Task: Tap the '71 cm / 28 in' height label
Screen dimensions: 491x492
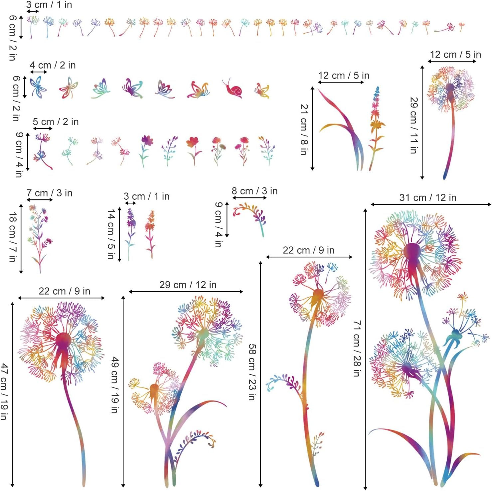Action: [x=357, y=348]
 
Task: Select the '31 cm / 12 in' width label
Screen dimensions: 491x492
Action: [x=428, y=198]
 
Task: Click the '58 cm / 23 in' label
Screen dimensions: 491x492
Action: [x=252, y=372]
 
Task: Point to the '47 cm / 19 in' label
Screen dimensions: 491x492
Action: [x=4, y=391]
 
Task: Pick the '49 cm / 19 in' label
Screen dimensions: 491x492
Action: [x=115, y=385]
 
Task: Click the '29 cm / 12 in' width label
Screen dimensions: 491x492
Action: [x=188, y=285]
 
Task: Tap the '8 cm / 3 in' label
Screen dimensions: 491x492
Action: [x=254, y=191]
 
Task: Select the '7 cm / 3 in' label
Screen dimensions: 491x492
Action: [x=49, y=193]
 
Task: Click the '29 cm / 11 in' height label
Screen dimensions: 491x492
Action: [x=413, y=125]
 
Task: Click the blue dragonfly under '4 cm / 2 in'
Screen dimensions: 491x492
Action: [x=38, y=88]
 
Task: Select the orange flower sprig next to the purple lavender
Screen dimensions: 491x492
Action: [x=150, y=233]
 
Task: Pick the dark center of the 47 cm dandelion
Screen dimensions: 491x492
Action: [x=63, y=340]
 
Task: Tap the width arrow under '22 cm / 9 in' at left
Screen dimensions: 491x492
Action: [x=61, y=298]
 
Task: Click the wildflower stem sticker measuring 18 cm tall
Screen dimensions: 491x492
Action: [x=40, y=238]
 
